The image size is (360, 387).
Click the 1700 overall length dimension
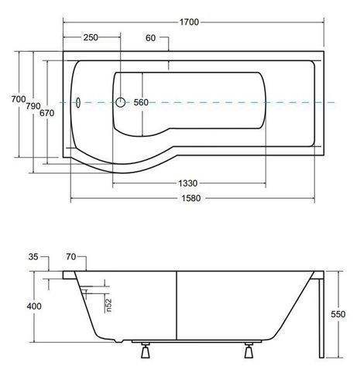[189, 22]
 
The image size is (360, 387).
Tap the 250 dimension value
[91, 38]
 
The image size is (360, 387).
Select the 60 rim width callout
[151, 38]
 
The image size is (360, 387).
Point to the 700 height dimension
[19, 99]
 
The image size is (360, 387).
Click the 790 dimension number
[33, 106]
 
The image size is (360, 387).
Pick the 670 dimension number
[47, 113]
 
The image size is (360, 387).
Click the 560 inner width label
[141, 102]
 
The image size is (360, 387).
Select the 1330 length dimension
[188, 183]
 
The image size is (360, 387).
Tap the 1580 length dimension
[191, 198]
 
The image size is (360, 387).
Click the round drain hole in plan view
[121, 102]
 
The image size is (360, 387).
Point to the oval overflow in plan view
[78, 103]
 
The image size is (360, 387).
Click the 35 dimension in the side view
[33, 257]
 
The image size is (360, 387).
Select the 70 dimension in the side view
[71, 257]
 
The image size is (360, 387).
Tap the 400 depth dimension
[34, 307]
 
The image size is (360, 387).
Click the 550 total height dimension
[338, 314]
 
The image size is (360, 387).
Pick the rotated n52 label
[109, 305]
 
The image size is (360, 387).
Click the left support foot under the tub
[146, 351]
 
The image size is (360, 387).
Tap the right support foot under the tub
[249, 351]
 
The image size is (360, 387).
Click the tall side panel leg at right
[321, 318]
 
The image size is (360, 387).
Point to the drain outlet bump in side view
[118, 341]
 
